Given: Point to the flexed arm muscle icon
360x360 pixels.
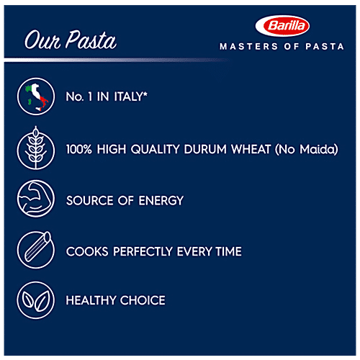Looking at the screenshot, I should tap(36, 200).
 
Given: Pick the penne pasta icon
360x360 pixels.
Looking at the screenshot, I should tap(36, 250).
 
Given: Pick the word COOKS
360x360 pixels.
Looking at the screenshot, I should tap(84, 251).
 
